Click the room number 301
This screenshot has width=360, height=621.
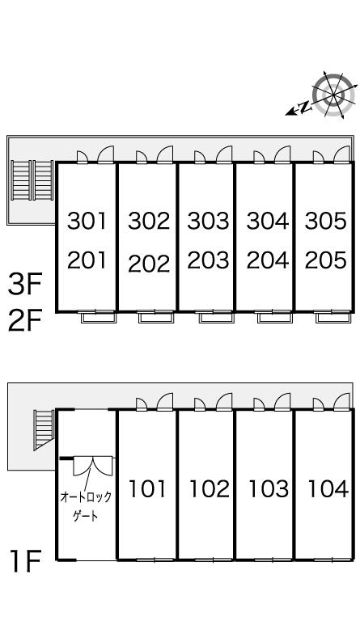coord(87,221)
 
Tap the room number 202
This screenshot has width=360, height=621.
coord(149,264)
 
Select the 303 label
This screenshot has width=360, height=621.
coord(209,221)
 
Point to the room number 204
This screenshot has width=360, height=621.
coord(268,260)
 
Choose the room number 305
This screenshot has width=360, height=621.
coord(326,221)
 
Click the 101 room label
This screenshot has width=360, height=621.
coord(147,488)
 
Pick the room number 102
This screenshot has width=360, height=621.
coord(210,488)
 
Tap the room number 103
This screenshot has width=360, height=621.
coord(269,488)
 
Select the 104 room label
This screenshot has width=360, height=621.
coord(328,488)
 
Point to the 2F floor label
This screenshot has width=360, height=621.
coord(25,321)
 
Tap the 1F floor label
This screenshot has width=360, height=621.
coord(26,562)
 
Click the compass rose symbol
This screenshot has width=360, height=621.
coord(333,95)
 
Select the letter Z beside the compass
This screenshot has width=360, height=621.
coord(304,107)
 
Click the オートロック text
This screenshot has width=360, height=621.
coord(86,496)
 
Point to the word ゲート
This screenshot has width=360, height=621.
coord(86,516)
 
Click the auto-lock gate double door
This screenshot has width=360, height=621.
coord(93,466)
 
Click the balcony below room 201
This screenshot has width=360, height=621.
coord(98,317)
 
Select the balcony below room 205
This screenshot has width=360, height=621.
coord(332,317)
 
